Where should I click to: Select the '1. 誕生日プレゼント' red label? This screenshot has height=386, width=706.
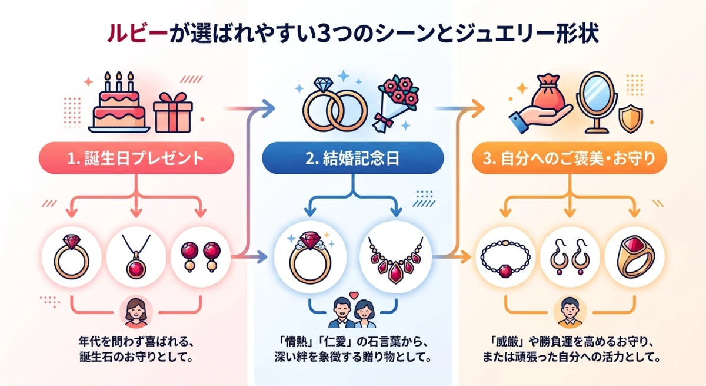136,158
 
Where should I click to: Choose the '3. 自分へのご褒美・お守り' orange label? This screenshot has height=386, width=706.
569,158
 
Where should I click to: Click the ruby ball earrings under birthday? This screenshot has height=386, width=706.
199,257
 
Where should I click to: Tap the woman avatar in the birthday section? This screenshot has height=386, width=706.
136,313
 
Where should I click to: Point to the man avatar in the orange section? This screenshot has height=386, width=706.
568,312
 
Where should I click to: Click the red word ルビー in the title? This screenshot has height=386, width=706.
127,33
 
